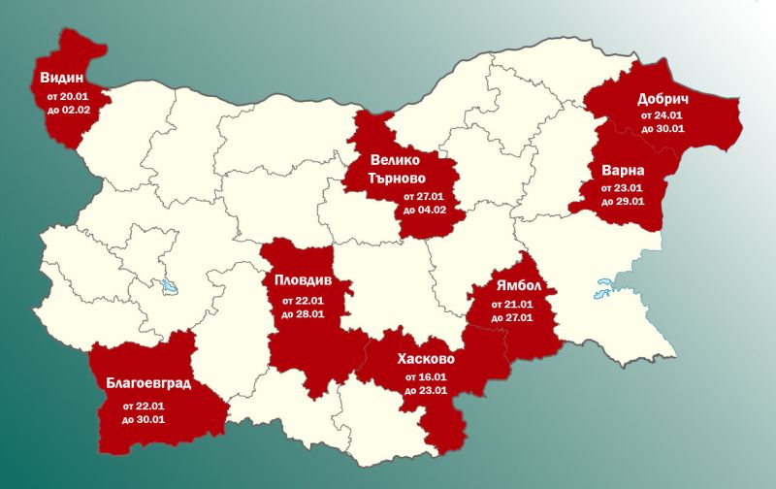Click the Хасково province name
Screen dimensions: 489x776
(x=426, y=359)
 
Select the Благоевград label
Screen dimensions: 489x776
(x=148, y=382)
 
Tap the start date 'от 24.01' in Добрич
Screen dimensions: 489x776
(x=663, y=114)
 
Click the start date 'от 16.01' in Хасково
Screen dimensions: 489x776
(x=426, y=376)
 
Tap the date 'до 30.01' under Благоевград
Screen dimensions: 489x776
(x=144, y=419)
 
